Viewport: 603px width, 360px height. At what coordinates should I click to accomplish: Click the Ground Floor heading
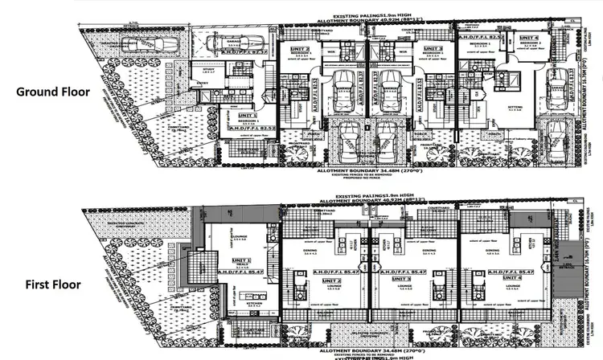pos(52,92)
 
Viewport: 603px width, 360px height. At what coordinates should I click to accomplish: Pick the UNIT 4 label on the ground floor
pos(528,37)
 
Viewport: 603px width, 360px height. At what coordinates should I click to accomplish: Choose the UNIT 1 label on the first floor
pos(243,260)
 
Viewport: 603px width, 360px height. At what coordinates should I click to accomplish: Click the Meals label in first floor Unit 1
pos(241,268)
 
